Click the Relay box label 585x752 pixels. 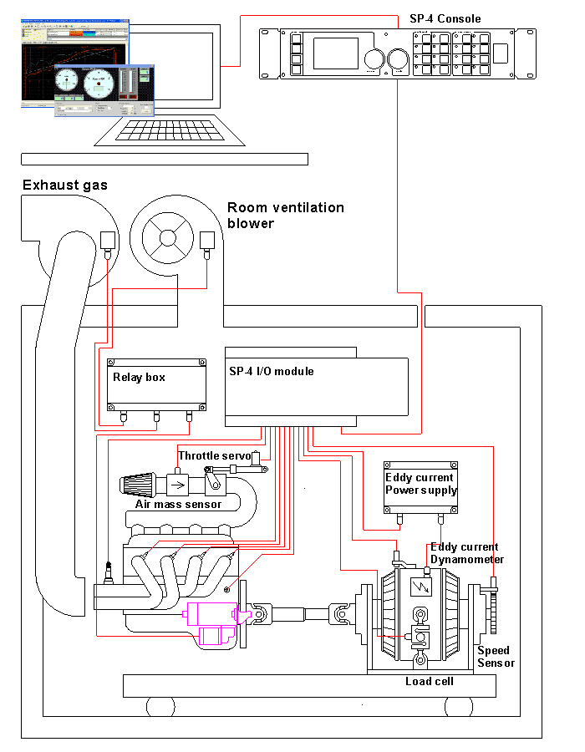139,377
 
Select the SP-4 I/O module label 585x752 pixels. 271,371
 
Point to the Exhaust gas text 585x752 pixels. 64,185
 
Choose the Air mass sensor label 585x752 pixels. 178,504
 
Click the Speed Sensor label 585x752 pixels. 495,656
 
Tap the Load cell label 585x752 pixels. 429,681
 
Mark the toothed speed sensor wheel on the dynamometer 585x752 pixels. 494,614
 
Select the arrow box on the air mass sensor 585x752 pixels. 178,485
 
